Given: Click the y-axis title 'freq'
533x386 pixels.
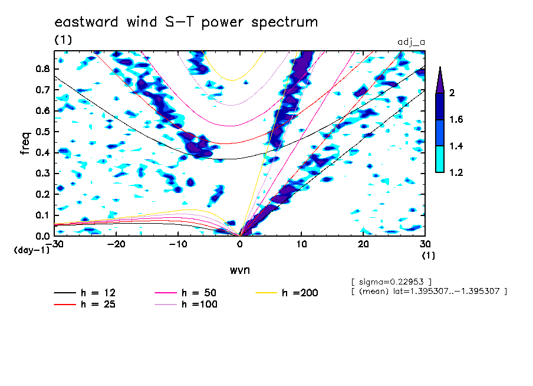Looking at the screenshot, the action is [25, 143].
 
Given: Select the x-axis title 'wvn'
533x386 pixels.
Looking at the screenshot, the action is [240, 270].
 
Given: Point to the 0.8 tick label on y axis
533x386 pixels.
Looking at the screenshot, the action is [42, 68].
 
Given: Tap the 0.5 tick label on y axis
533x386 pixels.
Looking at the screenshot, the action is [42, 132].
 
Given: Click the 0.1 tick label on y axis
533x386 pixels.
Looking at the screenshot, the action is [42, 215].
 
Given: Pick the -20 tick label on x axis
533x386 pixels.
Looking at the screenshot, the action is [116, 244].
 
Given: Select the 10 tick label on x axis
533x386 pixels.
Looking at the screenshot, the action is [301, 244].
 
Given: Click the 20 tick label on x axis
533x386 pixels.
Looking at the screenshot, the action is [363, 244].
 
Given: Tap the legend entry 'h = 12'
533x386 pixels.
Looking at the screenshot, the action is [85, 293].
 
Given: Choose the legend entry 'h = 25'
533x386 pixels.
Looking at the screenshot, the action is [85, 304].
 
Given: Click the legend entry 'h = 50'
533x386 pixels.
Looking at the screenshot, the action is [186, 293].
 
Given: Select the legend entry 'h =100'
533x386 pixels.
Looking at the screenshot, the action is [186, 304].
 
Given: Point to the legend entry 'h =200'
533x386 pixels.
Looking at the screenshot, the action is [287, 293].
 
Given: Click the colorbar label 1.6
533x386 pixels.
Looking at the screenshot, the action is [456, 119].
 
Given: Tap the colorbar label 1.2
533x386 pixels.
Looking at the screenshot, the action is [456, 172].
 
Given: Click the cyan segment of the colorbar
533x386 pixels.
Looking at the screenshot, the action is [440, 159].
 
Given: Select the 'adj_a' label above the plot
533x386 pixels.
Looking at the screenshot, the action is [412, 42].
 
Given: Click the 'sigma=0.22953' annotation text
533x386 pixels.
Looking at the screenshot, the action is [391, 282].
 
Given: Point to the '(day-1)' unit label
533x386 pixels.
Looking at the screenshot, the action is [31, 250].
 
